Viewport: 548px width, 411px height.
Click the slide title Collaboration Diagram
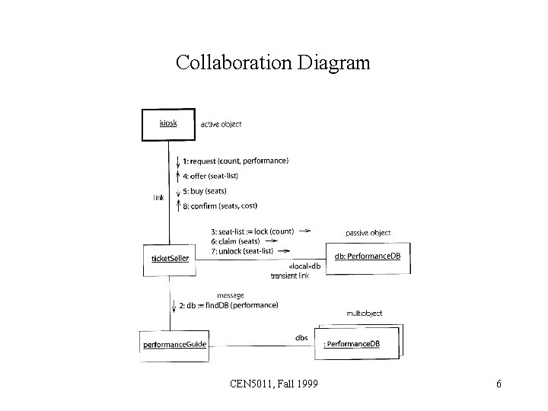click(x=272, y=62)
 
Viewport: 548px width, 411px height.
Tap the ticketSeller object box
click(x=170, y=258)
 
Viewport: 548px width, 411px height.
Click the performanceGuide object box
click(x=174, y=345)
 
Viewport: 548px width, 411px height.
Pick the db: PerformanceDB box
click(x=368, y=256)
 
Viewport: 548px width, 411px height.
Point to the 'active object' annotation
click(x=221, y=124)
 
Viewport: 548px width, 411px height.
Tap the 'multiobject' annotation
click(x=364, y=314)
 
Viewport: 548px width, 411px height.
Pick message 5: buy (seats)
click(x=205, y=190)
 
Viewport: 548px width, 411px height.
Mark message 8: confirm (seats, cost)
click(x=227, y=205)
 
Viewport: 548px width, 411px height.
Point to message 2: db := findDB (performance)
click(x=231, y=306)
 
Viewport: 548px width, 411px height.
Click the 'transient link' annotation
click(x=289, y=276)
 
